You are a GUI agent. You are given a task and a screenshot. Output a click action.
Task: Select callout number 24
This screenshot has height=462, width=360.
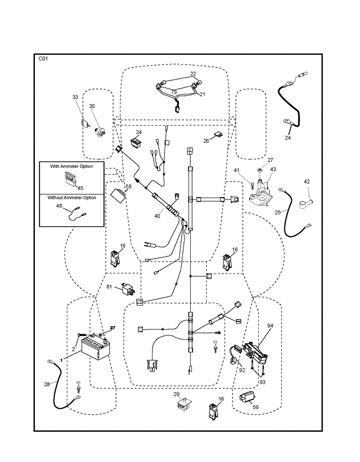click(288, 137)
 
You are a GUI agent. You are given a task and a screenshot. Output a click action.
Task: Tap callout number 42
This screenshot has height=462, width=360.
click(307, 182)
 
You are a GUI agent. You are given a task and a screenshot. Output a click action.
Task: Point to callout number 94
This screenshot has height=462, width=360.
click(270, 326)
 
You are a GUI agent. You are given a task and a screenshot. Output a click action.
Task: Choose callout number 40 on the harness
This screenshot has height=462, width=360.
click(158, 216)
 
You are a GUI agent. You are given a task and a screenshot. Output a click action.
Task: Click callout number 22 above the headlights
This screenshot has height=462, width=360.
click(193, 74)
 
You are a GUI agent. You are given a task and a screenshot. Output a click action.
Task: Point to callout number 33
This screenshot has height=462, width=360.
click(75, 98)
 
